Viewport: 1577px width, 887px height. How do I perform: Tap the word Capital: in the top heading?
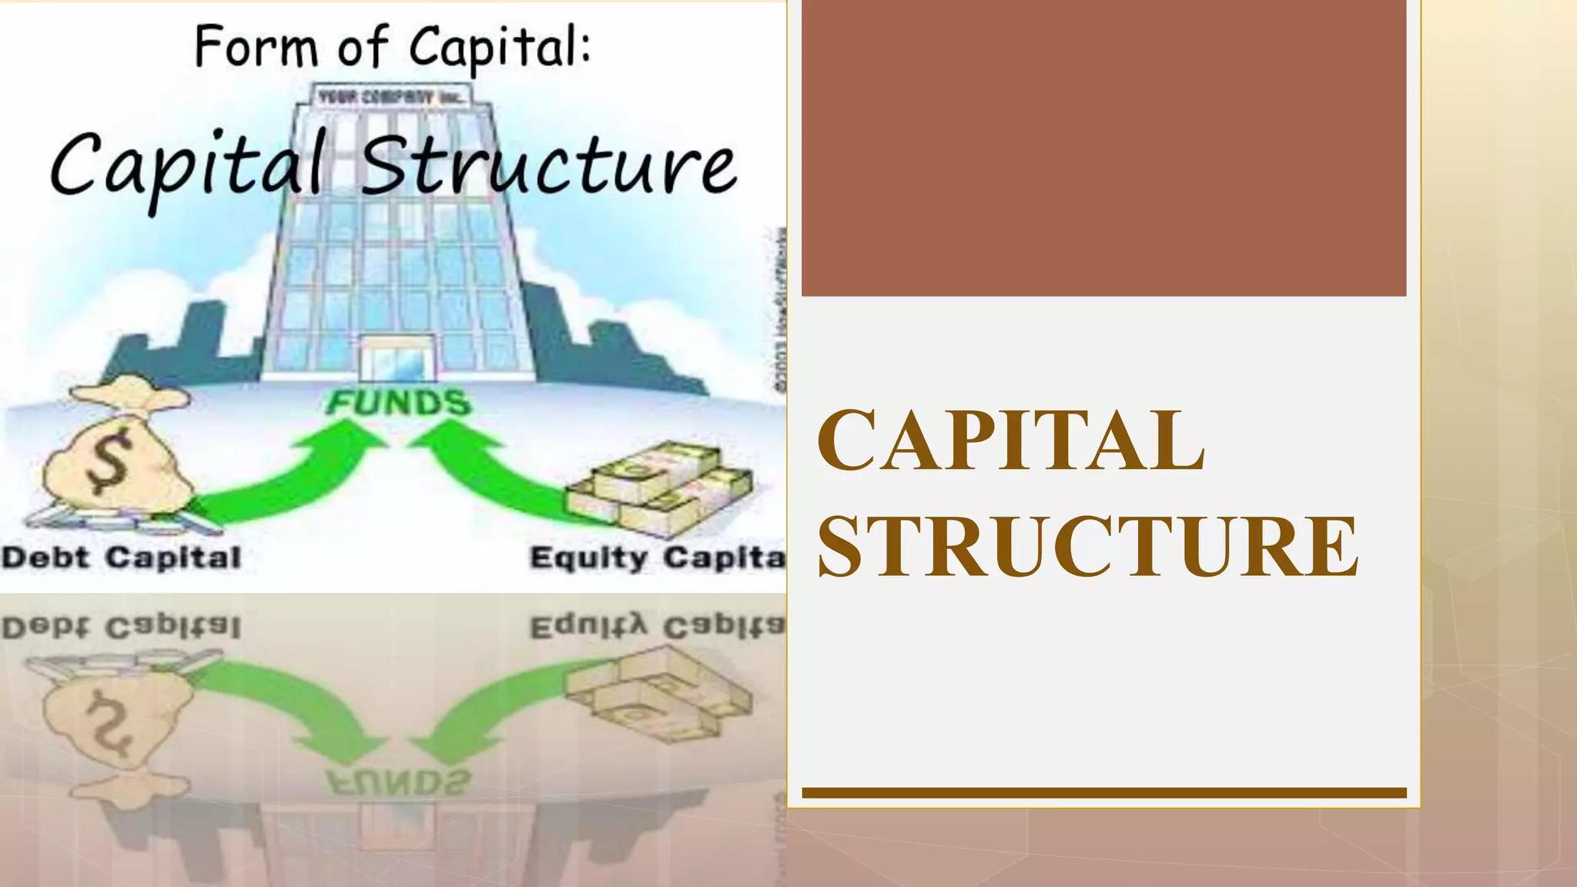coord(500,48)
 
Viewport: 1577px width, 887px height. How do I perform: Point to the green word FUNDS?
coord(397,403)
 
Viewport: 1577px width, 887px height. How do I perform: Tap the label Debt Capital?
coord(121,557)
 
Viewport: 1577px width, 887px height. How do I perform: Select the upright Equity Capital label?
coord(657,557)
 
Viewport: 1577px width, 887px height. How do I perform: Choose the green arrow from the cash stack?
coord(493,477)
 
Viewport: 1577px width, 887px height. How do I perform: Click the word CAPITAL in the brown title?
coord(1010,441)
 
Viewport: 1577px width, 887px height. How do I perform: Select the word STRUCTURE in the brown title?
coord(1087,546)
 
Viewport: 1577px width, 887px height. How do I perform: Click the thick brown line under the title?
coord(1103,792)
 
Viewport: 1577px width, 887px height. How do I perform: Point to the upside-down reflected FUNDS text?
coord(397,782)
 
